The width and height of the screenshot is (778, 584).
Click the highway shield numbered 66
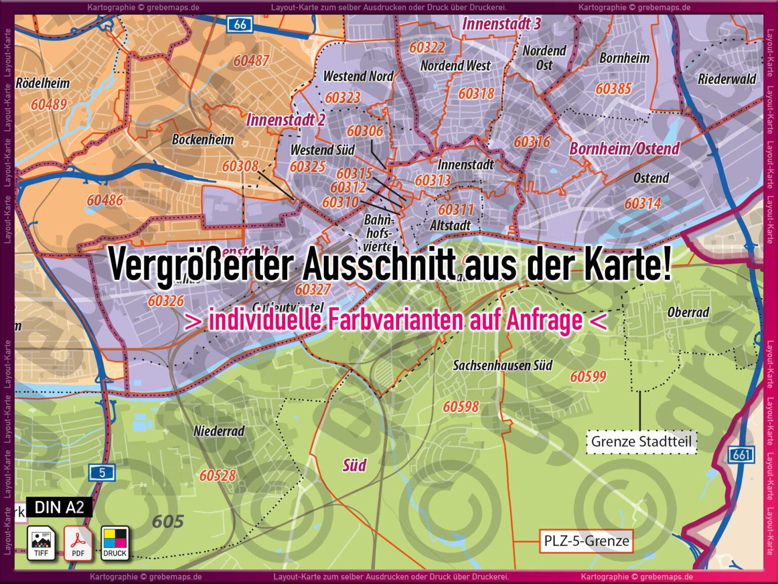pos(240,24)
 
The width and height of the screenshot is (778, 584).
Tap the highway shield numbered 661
pos(741,454)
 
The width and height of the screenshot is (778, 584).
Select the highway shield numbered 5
pos(102,472)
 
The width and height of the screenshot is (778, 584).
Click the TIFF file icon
pos(41,543)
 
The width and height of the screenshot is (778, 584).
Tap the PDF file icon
pos(78,543)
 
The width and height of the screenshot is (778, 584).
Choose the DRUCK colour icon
pos(115,543)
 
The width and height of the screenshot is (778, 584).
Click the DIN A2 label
pos(59,507)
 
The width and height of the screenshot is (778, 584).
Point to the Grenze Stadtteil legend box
pos(641,442)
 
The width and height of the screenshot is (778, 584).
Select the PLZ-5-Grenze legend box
pos(587,541)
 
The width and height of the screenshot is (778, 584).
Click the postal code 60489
pos(49,104)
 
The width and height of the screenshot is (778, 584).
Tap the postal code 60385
pos(613,89)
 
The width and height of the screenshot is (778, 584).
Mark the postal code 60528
pos(218,475)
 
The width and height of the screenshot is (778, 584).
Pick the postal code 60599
pos(588,376)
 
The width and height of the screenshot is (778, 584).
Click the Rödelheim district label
pos(43,83)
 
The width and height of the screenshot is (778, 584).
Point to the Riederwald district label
pos(727,79)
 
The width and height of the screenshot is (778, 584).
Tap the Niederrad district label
pos(219,431)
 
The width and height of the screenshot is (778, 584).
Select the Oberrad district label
pos(688,312)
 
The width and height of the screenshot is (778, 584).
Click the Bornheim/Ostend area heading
pos(624,149)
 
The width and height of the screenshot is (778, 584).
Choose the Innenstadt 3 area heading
pos(501,23)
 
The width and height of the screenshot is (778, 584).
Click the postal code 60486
pos(105,200)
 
